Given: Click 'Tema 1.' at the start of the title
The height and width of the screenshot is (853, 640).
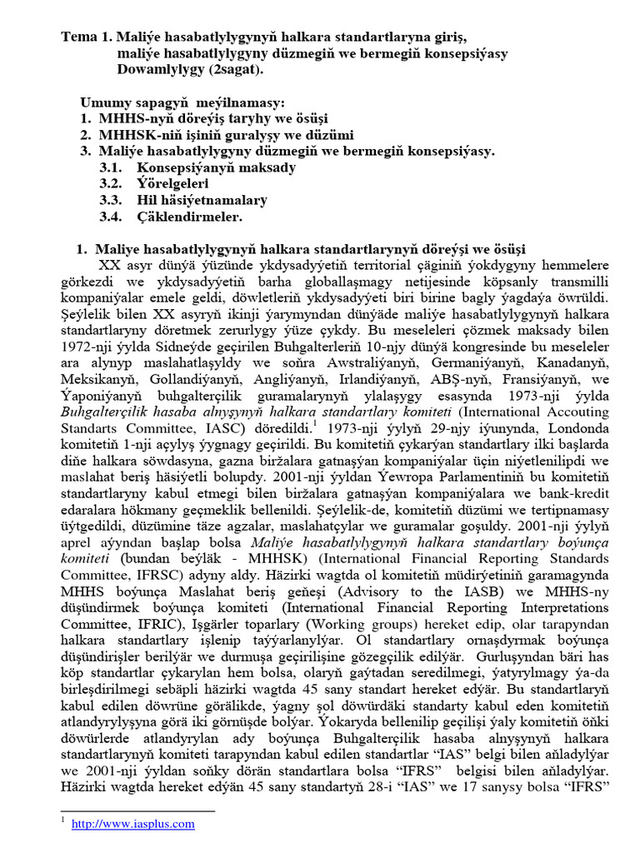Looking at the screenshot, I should (x=86, y=38).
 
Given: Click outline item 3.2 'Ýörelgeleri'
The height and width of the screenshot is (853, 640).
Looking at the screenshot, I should (x=172, y=183).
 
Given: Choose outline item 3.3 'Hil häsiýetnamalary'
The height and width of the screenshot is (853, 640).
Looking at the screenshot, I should (x=202, y=200).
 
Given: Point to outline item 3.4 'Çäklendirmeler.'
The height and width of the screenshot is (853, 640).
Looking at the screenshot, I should (x=189, y=217).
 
